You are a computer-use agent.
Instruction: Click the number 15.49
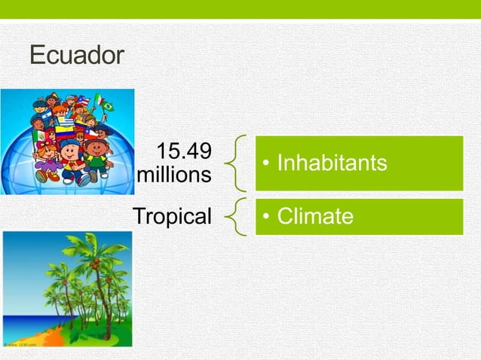184,151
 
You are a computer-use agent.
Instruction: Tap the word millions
176,175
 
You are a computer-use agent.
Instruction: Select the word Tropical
173,217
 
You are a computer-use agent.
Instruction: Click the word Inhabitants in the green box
332,163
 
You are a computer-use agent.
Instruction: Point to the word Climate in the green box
315,217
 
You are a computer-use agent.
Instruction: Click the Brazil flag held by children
108,106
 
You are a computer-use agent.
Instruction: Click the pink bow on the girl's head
44,143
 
